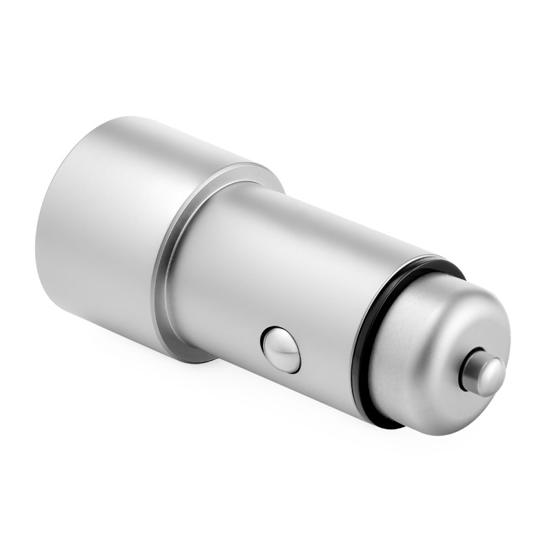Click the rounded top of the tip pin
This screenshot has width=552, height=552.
491,373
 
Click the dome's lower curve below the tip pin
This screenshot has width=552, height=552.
455,414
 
